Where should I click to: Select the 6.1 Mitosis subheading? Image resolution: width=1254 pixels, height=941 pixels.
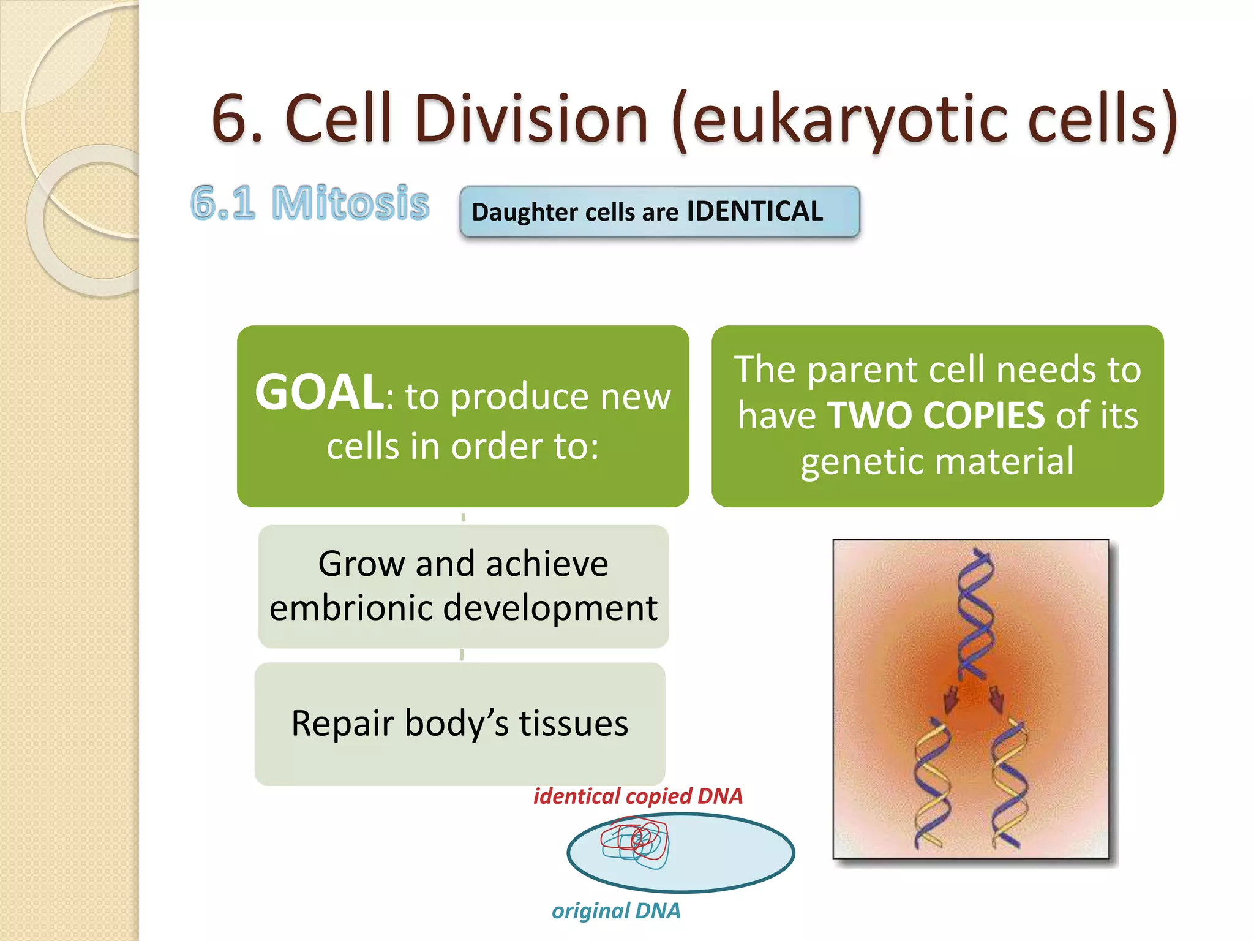tap(309, 203)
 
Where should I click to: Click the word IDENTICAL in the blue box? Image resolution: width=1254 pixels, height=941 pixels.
tap(754, 211)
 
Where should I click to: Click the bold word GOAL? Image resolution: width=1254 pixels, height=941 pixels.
tap(319, 393)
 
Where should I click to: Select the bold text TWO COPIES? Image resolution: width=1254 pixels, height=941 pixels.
tap(936, 415)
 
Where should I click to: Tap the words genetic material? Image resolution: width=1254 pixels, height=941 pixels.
tap(937, 461)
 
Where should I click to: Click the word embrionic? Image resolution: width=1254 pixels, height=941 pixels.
tap(351, 608)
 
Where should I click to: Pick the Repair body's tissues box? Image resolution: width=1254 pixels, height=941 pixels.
tap(459, 724)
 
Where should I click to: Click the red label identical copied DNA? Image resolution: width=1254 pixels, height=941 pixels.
tap(637, 796)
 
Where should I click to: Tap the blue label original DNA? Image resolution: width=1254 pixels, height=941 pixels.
tap(615, 910)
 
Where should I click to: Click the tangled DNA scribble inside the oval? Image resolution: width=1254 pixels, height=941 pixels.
tap(635, 842)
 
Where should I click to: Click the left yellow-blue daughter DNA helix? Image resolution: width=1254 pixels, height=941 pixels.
tap(931, 784)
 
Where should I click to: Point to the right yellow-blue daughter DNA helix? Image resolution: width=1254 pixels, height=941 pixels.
tap(1009, 784)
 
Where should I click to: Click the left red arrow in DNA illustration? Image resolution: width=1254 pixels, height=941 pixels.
tap(950, 699)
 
